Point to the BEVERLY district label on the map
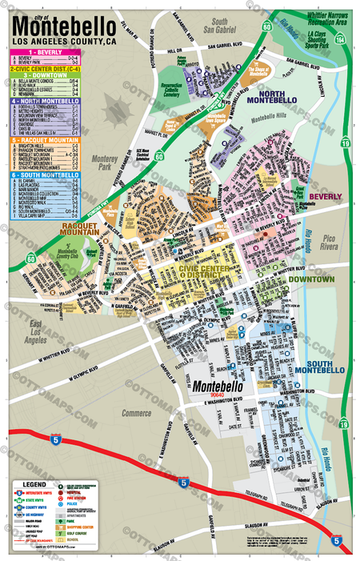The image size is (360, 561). tap(325, 196)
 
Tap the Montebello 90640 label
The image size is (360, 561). tap(214, 387)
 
